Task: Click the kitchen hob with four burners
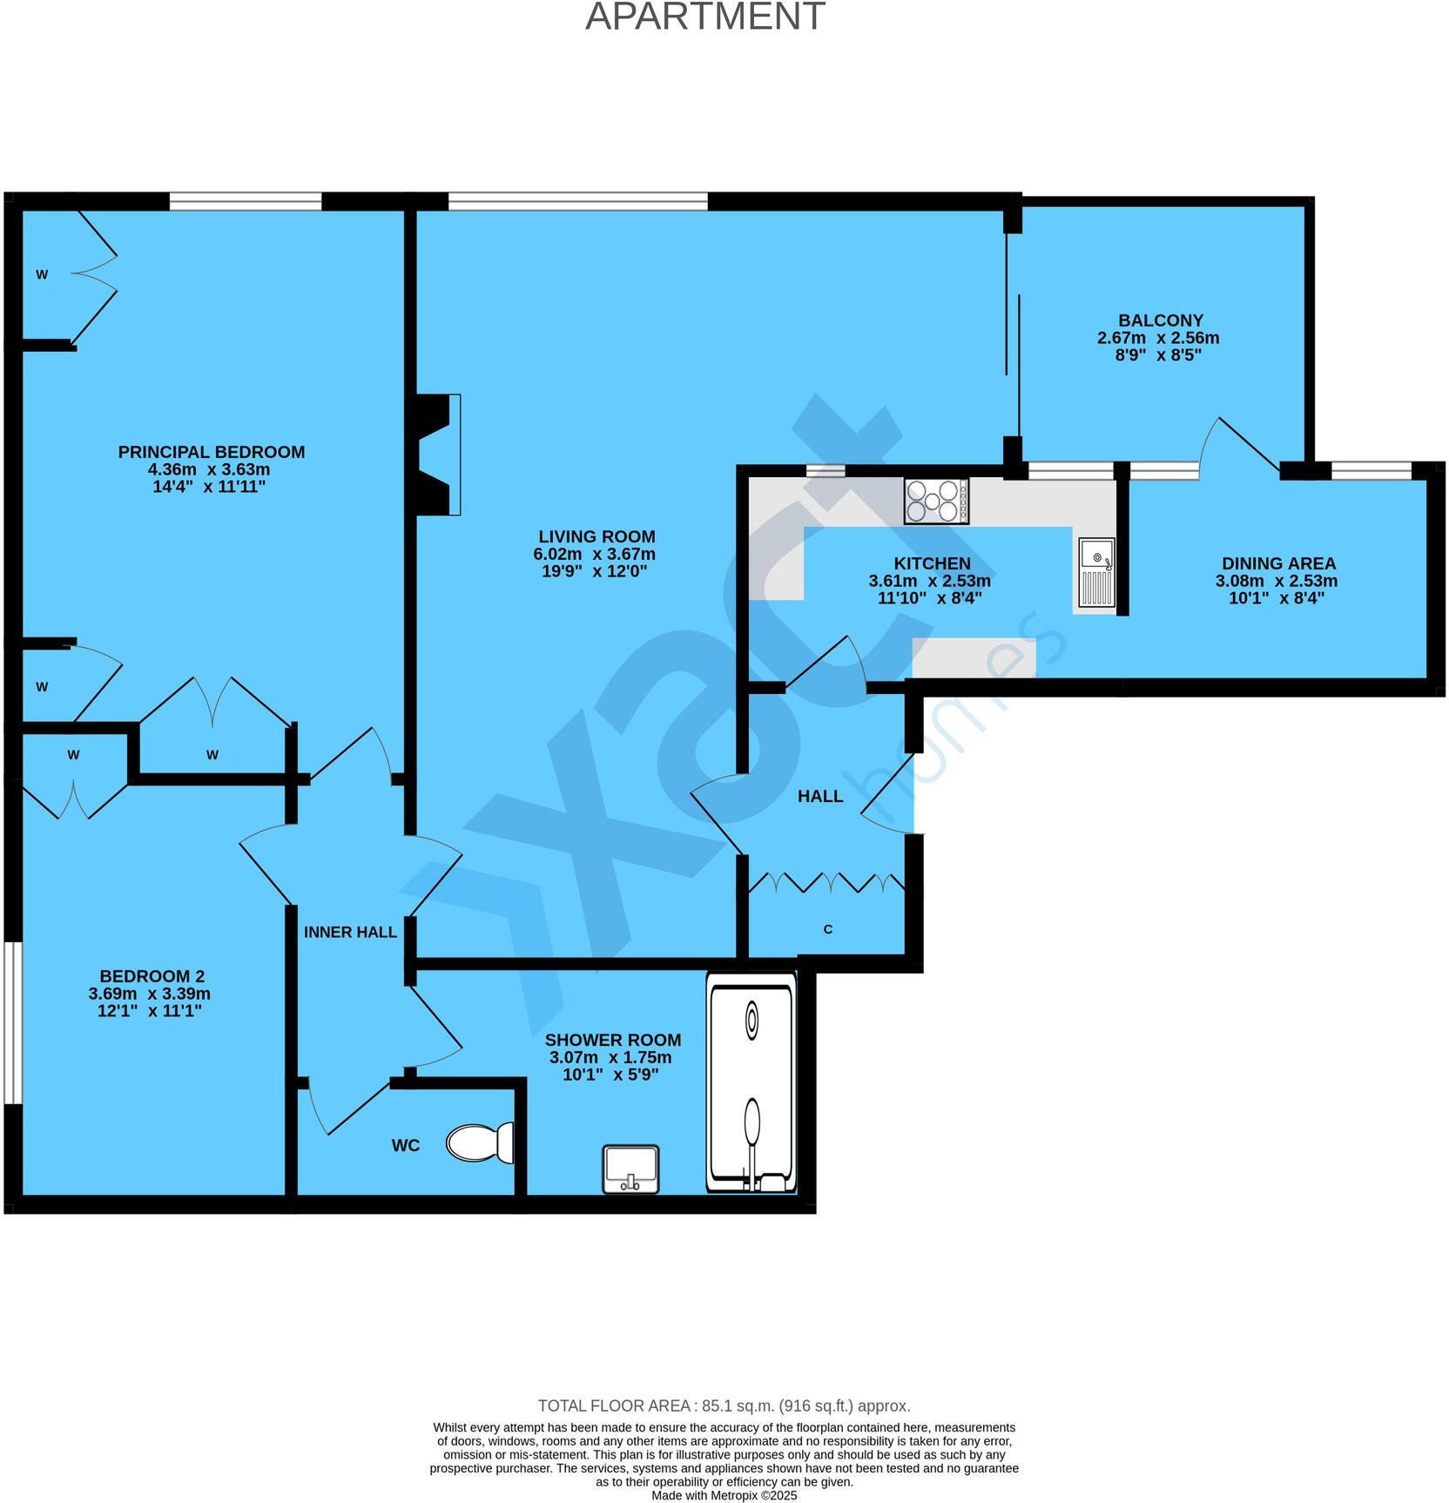coord(936,501)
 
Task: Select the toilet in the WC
coord(480,1142)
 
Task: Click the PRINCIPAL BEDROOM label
coord(212,452)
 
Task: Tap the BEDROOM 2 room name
coord(152,976)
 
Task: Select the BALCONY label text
coord(1161,320)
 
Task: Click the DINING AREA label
coord(1277,563)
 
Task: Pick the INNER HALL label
coord(350,932)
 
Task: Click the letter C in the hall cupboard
coord(827,929)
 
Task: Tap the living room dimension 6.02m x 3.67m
coord(594,554)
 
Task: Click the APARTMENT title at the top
coord(704,16)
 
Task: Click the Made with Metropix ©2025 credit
coord(724,1495)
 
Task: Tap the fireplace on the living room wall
coord(438,454)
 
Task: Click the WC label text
coord(406,1145)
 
